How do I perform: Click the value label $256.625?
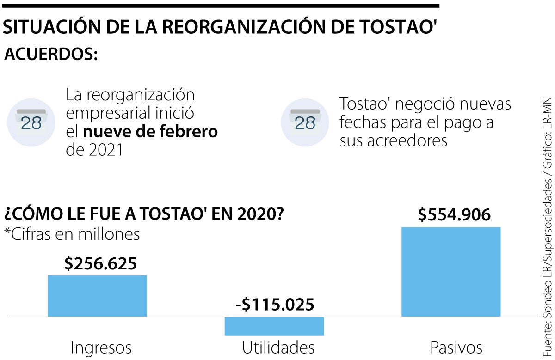[x=100, y=263]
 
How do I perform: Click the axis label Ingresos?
[x=101, y=347]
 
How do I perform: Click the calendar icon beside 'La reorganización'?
[x=31, y=122]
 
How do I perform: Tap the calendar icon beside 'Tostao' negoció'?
[x=305, y=122]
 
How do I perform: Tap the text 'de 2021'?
[x=94, y=150]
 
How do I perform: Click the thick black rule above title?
[x=220, y=6]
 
